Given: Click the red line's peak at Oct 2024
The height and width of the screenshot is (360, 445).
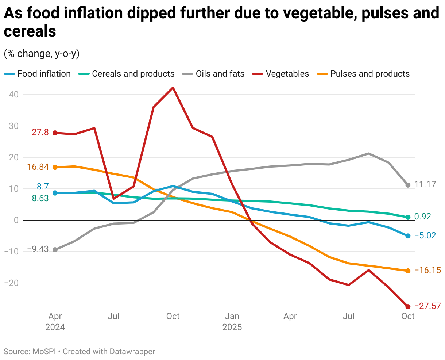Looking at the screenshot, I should tap(173, 88).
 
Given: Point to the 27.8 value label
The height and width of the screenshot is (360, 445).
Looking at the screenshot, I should tap(40, 132).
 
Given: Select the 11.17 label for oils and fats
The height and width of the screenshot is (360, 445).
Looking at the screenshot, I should tap(425, 184).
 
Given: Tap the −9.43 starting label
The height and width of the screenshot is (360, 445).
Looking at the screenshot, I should tap(38, 249).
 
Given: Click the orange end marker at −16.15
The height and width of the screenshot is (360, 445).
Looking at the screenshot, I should tap(408, 271).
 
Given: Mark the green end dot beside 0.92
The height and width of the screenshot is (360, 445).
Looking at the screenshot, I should tap(408, 217).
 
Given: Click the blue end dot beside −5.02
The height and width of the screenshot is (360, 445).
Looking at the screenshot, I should tap(408, 236).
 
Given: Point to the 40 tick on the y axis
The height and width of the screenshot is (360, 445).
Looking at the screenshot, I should tap(13, 95).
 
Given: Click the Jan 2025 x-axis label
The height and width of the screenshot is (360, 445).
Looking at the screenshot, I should tap(232, 321).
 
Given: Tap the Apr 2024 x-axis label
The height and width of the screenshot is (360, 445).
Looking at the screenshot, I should tap(55, 321).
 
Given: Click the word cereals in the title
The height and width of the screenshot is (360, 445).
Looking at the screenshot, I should tap(30, 31).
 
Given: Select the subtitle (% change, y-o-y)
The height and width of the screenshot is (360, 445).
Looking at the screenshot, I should tap(42, 54).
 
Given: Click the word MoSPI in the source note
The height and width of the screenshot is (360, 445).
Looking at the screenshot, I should tap(44, 352).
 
